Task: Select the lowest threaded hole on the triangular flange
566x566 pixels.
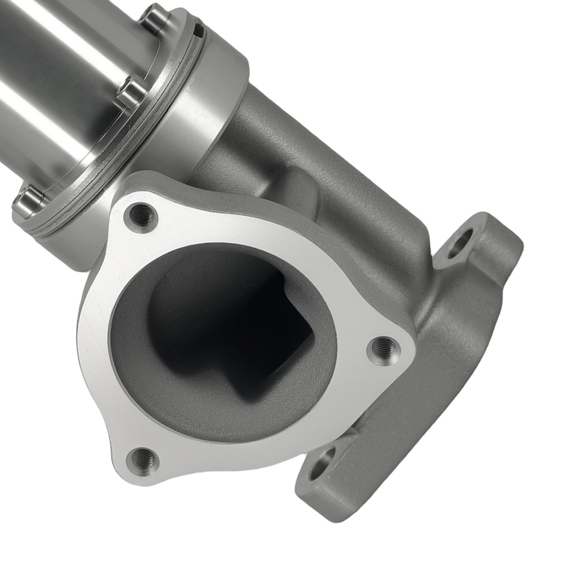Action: tap(143, 459)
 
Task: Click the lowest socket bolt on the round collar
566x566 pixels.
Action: tap(28, 201)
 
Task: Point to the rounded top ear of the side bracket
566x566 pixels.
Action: tap(492, 226)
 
